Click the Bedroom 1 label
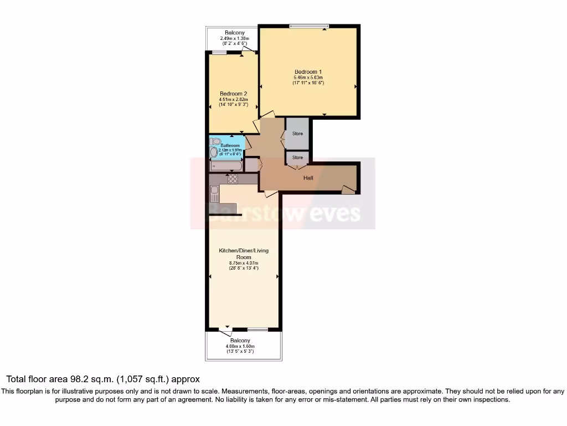[x=308, y=72]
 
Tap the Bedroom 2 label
[x=233, y=93]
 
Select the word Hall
[x=308, y=178]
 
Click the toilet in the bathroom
[x=216, y=141]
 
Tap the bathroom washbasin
[x=214, y=153]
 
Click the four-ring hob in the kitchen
[x=233, y=179]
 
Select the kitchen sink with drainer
[x=214, y=194]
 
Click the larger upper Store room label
[x=297, y=134]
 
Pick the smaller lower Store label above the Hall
[x=297, y=158]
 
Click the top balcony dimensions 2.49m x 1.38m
[x=234, y=38]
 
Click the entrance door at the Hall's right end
[x=348, y=190]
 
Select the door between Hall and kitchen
[x=271, y=193]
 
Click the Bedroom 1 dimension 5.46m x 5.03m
[x=308, y=78]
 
